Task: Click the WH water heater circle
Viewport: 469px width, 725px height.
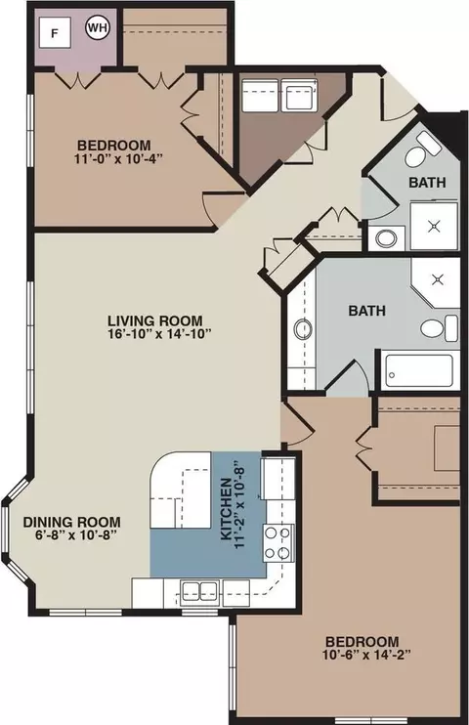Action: (97, 27)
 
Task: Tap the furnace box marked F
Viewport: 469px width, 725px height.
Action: (55, 33)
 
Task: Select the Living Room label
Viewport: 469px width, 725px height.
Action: (155, 320)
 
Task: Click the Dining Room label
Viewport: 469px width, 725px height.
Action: (72, 523)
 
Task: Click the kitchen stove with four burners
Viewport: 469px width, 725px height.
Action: (278, 543)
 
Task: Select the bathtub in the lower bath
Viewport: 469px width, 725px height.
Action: (419, 370)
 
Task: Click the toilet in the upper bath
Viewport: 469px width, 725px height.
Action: (422, 150)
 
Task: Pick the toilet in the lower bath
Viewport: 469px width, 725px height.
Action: (440, 328)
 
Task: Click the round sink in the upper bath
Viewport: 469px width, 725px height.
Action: (386, 239)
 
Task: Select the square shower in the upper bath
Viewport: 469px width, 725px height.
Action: (434, 226)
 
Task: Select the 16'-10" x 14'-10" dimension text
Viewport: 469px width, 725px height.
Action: (159, 334)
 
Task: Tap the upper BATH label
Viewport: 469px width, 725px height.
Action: (427, 182)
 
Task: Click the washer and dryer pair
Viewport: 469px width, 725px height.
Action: (279, 95)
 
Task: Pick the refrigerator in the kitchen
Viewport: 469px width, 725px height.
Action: (277, 479)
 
